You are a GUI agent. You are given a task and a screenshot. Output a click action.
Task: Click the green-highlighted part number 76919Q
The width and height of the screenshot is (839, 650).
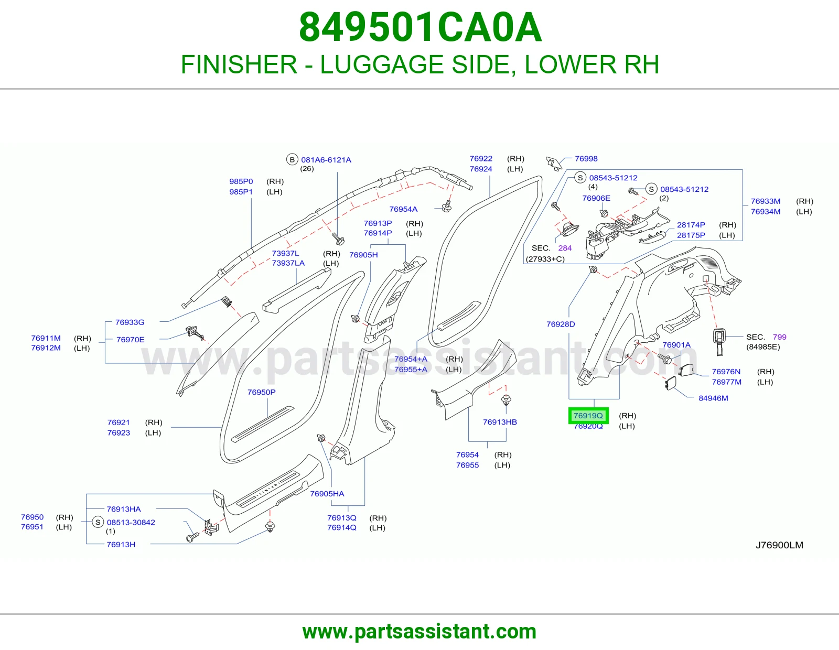point(588,415)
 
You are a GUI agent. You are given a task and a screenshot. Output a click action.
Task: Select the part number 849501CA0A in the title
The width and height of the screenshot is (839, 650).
point(420,27)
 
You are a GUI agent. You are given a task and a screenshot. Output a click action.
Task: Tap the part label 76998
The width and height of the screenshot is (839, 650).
point(586,159)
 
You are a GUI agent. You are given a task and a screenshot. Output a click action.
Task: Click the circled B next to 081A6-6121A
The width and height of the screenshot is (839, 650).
point(292,159)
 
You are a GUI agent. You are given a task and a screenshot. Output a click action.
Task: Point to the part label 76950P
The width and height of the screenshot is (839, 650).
point(261,392)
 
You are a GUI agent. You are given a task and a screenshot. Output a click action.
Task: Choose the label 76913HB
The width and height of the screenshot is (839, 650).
point(500,422)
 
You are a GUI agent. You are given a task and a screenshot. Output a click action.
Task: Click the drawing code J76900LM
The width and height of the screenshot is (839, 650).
point(779,545)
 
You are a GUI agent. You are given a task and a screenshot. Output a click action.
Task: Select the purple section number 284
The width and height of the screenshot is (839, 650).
point(565,248)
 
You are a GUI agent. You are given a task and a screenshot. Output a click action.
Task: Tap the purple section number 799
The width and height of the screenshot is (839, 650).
point(780,337)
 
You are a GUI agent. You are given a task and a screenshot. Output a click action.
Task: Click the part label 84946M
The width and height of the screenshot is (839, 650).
point(713,398)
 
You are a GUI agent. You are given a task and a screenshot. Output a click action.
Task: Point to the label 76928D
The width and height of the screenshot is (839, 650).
point(561,324)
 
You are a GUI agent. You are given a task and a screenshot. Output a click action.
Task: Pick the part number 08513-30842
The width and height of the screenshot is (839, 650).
point(131,522)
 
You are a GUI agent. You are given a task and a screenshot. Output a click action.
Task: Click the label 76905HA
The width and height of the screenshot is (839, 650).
point(327,494)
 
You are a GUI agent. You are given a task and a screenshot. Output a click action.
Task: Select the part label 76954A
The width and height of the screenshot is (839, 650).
point(403,209)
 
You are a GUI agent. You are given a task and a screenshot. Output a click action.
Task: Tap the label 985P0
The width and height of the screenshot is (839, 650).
point(241,181)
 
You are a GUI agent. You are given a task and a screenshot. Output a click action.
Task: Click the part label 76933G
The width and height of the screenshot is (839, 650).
point(130,322)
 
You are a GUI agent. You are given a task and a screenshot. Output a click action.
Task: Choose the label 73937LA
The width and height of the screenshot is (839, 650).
point(288,263)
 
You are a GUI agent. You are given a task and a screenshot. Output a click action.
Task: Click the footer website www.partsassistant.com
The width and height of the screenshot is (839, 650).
point(419,632)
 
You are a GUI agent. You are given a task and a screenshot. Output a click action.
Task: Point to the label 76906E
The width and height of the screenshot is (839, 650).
point(596,198)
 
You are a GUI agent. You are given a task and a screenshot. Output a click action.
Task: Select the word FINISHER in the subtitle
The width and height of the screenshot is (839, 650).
point(239,64)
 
